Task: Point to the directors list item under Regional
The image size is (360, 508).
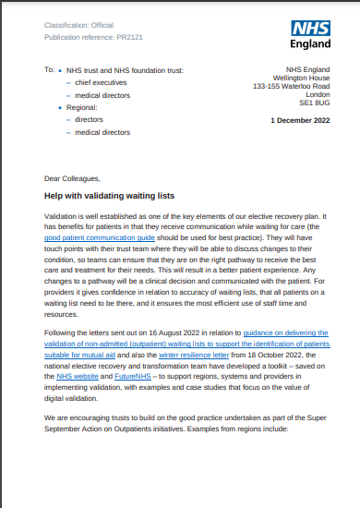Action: point(90,119)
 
